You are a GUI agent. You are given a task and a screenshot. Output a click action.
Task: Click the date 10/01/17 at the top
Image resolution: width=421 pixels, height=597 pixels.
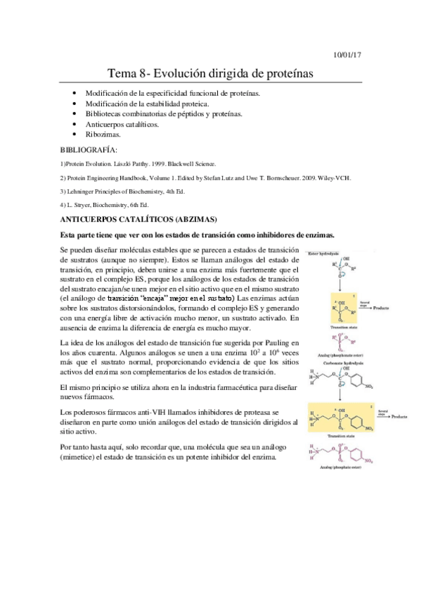[x=347, y=54]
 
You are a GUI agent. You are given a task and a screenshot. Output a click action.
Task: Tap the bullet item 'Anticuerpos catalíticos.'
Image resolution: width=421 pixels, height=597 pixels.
[x=122, y=123]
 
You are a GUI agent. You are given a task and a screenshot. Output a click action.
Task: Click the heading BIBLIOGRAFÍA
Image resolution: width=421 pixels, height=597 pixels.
[x=89, y=149]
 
